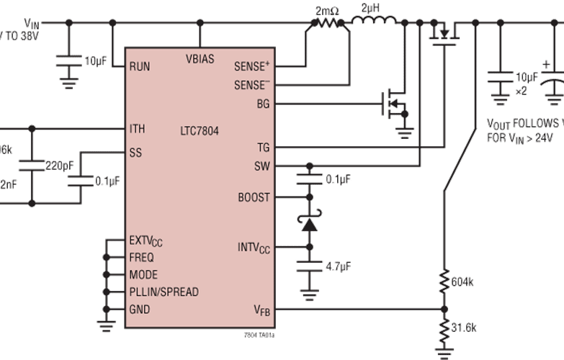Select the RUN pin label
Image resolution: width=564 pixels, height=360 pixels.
(x=140, y=66)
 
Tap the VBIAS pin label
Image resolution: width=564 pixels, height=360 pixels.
(x=200, y=58)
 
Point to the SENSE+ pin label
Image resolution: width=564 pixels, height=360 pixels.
(x=251, y=66)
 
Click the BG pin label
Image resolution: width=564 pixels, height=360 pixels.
(x=263, y=103)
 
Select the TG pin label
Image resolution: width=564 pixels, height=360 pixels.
(x=263, y=148)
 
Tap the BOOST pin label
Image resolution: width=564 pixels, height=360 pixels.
(x=254, y=197)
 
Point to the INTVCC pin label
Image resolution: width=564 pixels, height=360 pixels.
(x=253, y=247)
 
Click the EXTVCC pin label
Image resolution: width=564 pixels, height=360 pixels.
(x=146, y=240)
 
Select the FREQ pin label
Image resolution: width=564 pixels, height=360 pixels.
(x=141, y=257)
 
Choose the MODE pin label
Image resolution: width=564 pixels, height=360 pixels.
(x=143, y=274)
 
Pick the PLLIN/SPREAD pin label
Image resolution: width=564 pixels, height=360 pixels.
(x=164, y=292)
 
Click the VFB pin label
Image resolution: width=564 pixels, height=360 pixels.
(x=261, y=310)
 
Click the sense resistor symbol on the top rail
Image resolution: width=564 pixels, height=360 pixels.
(x=327, y=22)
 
